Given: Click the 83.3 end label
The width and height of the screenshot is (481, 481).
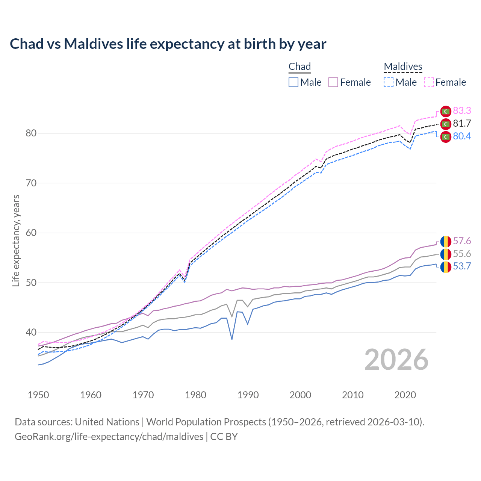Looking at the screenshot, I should pyautogui.click(x=462, y=110).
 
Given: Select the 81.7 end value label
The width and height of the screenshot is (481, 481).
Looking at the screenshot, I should pyautogui.click(x=462, y=123).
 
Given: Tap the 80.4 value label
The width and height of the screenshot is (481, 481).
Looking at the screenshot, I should pyautogui.click(x=462, y=136).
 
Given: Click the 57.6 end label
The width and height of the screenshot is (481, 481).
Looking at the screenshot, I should pyautogui.click(x=462, y=241).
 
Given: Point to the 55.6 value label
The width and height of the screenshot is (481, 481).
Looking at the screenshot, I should pyautogui.click(x=462, y=254).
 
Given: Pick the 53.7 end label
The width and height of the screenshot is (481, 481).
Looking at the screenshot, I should pyautogui.click(x=462, y=266).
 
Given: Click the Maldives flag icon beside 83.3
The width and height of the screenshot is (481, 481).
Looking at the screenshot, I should pyautogui.click(x=446, y=111).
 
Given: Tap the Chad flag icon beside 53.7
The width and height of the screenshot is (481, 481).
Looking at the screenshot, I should pyautogui.click(x=446, y=267).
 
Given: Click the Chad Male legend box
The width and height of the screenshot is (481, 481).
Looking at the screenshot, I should pyautogui.click(x=293, y=82).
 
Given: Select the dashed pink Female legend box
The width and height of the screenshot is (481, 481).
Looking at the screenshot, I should pyautogui.click(x=429, y=82).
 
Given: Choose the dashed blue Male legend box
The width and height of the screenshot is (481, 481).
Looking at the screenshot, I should pyautogui.click(x=389, y=82).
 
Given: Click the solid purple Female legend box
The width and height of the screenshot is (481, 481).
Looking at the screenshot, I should pyautogui.click(x=333, y=82).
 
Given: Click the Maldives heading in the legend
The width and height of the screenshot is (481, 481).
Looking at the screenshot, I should pyautogui.click(x=403, y=67).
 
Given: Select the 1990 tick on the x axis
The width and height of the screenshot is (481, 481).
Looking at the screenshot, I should pyautogui.click(x=248, y=395).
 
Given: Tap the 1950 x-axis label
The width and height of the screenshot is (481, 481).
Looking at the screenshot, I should pyautogui.click(x=38, y=395).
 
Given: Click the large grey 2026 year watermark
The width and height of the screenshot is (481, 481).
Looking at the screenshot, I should pyautogui.click(x=396, y=360).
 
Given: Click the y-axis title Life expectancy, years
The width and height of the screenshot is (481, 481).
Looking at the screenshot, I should pyautogui.click(x=16, y=240).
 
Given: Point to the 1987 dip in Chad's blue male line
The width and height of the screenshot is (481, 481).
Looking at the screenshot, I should pyautogui.click(x=232, y=339).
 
